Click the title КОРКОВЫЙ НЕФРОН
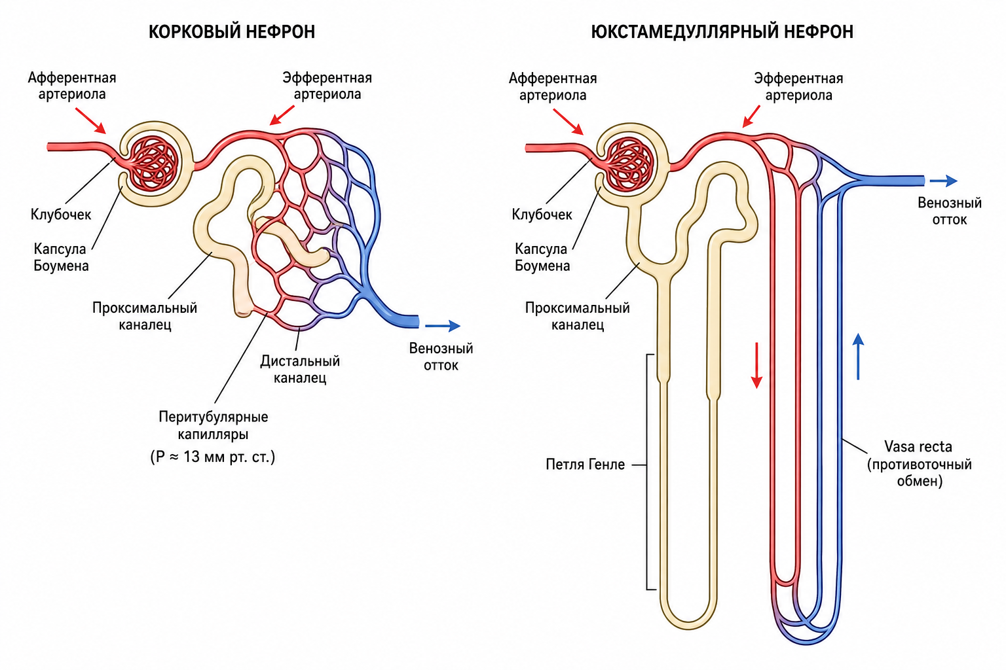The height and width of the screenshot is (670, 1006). click(x=232, y=32)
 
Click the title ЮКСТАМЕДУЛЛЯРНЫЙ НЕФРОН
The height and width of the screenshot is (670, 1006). click(x=722, y=32)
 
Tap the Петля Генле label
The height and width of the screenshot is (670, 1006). click(x=585, y=464)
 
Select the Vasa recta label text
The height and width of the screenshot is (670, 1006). click(x=918, y=446)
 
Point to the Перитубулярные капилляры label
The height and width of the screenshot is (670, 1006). click(x=214, y=425)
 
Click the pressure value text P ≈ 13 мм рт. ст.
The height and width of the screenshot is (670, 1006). click(x=212, y=457)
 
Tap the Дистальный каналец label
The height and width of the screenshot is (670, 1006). click(x=300, y=369)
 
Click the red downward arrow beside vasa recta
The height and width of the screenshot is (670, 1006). click(x=756, y=365)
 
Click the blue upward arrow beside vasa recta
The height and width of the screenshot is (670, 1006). click(x=858, y=357)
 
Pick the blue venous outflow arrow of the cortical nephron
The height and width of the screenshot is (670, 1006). click(x=443, y=326)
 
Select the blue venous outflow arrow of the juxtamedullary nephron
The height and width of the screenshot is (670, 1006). click(x=944, y=181)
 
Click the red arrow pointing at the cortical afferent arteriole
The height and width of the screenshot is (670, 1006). click(x=91, y=120)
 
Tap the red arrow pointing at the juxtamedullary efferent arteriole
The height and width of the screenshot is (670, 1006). click(x=751, y=116)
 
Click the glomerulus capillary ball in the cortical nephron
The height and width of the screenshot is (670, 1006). click(x=153, y=164)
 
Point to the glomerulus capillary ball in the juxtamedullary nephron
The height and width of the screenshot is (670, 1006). click(x=628, y=164)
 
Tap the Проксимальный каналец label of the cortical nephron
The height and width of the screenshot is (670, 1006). click(x=145, y=316)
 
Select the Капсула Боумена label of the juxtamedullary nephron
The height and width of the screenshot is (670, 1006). click(x=542, y=257)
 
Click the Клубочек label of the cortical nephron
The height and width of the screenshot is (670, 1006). click(x=61, y=215)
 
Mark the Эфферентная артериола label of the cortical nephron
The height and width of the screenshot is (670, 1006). click(x=327, y=86)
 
